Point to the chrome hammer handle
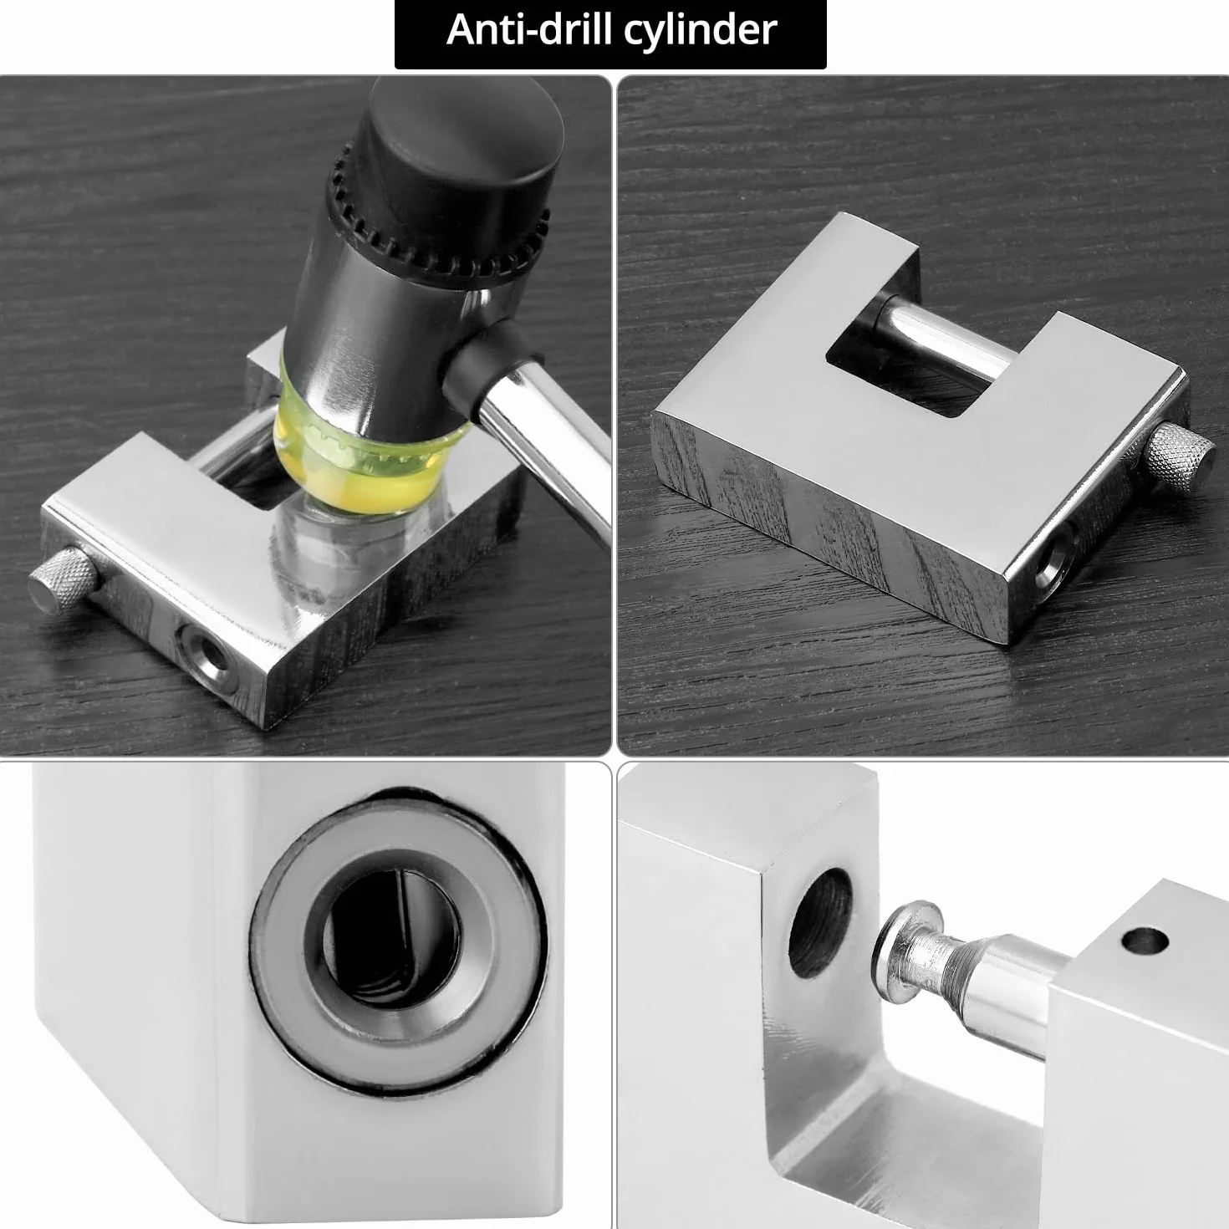[542, 446]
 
